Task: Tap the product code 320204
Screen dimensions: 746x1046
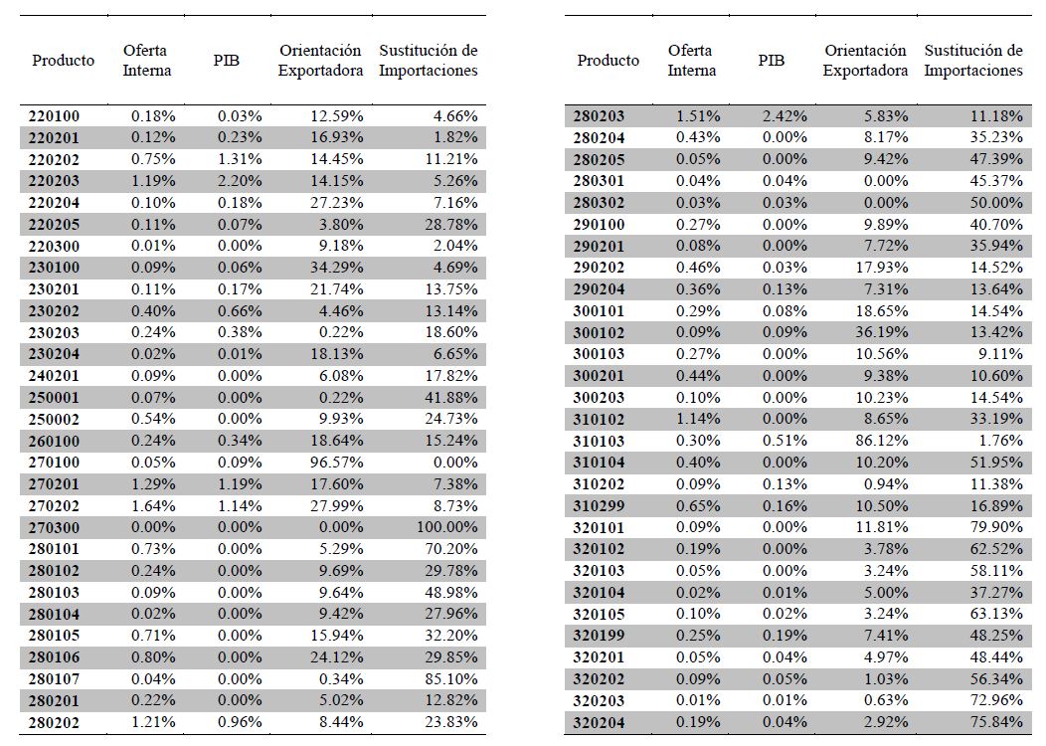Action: tap(600, 723)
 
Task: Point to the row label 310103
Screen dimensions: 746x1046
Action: tap(600, 441)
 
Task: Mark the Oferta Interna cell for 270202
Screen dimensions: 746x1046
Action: tap(153, 505)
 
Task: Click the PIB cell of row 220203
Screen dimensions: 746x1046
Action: tap(240, 181)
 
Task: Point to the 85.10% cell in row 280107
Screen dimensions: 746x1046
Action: tap(447, 679)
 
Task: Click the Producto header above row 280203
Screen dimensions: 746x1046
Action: tap(608, 61)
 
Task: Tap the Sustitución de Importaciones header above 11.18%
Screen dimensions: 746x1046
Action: tap(973, 61)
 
